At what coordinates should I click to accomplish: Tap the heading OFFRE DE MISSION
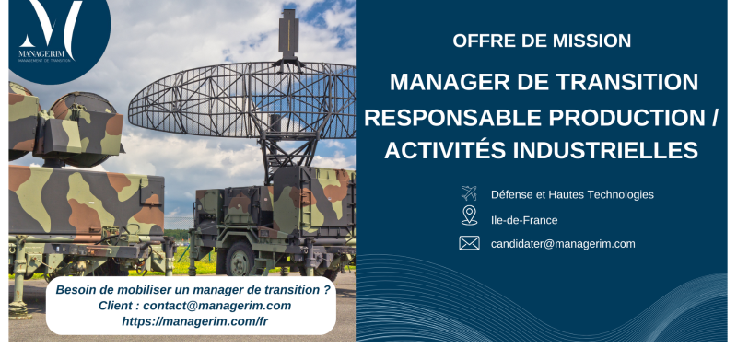tap(542, 41)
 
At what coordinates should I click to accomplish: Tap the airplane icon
tap(469, 193)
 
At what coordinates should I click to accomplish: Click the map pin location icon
tap(469, 216)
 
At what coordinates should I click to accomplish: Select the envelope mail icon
tap(469, 243)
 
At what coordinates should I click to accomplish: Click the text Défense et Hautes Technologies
tap(572, 194)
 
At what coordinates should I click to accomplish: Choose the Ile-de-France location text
tap(523, 220)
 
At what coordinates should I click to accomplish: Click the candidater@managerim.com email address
tap(563, 244)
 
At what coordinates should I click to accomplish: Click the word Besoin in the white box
tap(77, 289)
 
